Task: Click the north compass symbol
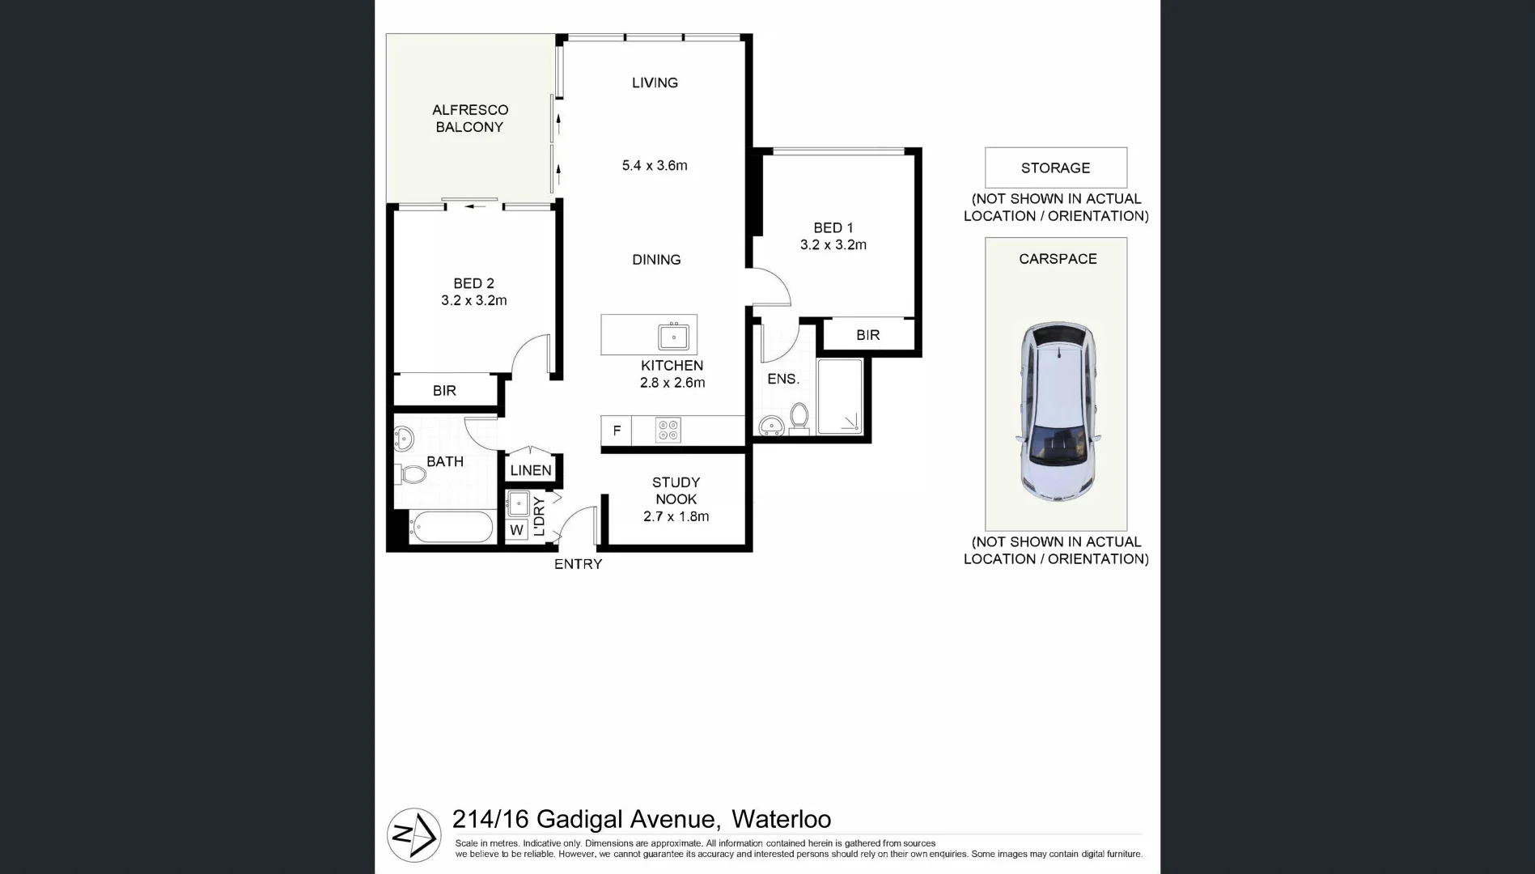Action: click(413, 835)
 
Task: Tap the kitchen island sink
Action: click(673, 336)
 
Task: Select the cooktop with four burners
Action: click(668, 430)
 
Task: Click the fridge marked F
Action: click(617, 431)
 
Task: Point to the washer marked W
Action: click(516, 531)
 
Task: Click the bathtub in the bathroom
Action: click(452, 527)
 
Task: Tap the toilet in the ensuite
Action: click(799, 418)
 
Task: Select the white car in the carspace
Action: click(1056, 413)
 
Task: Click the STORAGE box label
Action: click(1055, 168)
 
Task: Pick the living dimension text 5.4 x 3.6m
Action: click(655, 165)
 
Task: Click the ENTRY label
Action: click(578, 564)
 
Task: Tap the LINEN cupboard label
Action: click(531, 470)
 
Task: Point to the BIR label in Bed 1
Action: click(867, 335)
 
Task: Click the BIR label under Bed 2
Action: click(444, 391)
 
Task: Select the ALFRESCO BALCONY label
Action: click(470, 118)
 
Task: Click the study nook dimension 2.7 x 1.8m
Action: click(676, 516)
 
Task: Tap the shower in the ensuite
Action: click(840, 397)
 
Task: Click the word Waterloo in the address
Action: click(781, 819)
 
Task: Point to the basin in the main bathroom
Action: click(403, 439)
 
